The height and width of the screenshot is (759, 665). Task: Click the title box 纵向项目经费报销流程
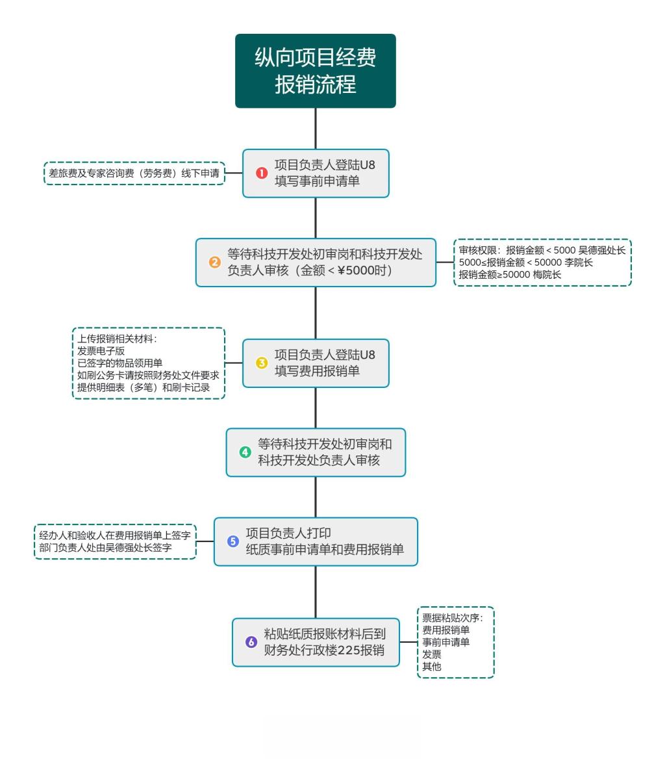pos(315,71)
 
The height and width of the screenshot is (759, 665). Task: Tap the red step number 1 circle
pos(262,173)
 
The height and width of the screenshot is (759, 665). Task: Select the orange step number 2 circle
pos(215,263)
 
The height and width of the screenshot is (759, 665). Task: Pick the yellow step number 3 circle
pos(262,363)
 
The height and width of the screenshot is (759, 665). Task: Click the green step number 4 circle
pos(245,452)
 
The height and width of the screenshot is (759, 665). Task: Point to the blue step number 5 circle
pos(233,541)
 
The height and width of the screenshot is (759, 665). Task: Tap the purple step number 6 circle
pos(251,642)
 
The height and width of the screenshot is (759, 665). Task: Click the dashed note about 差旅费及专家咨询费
pos(134,173)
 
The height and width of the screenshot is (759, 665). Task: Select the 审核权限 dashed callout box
pos(542,263)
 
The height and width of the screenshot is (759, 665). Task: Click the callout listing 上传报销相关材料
pos(148,363)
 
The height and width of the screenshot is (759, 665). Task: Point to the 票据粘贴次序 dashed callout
pos(455,642)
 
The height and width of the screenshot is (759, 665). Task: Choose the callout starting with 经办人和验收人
pos(115,541)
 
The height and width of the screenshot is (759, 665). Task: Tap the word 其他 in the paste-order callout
pos(432,666)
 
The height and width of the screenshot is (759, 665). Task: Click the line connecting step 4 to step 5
pos(316,497)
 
